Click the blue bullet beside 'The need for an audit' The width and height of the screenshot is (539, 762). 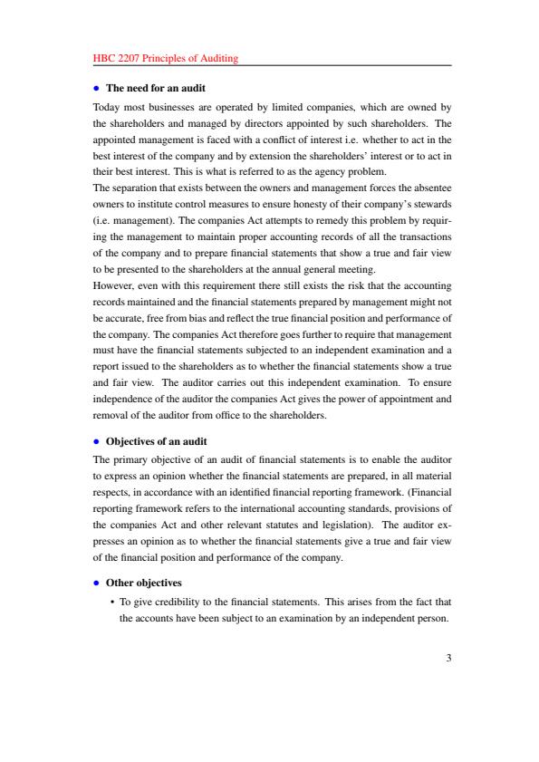tap(97, 88)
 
